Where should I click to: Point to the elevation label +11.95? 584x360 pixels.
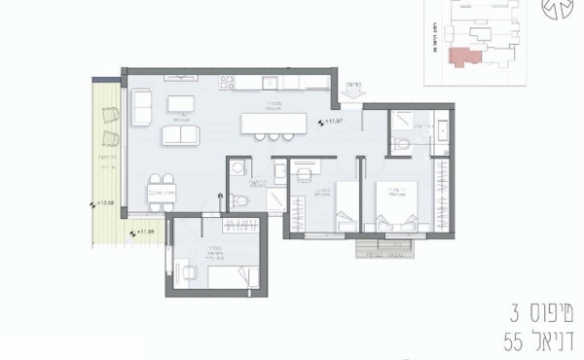point(146,233)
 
